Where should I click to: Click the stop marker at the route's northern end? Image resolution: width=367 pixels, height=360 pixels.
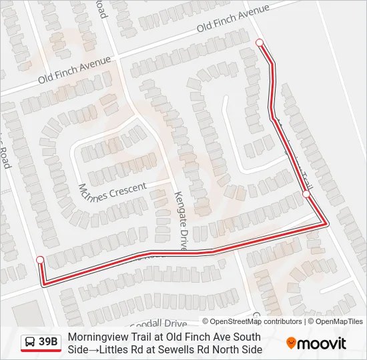(260, 43)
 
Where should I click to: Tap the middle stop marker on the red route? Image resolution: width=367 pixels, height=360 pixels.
(306, 194)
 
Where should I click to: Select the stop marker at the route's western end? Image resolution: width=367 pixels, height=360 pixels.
(40, 259)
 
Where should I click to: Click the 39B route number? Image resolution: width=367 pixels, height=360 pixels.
(48, 343)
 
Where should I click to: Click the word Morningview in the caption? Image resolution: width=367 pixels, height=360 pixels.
(99, 337)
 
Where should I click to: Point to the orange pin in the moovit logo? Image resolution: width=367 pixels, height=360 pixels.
(291, 343)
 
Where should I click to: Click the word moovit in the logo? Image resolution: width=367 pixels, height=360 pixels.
(322, 343)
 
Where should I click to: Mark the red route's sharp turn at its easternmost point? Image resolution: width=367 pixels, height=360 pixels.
(326, 224)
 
